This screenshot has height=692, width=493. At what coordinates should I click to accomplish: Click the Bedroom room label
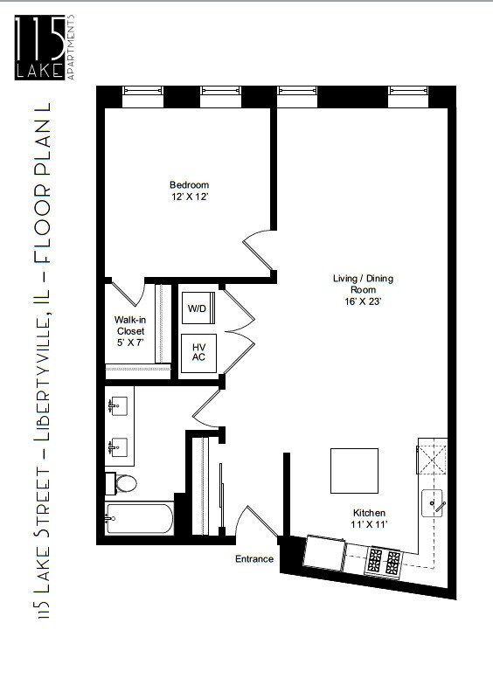[190, 185]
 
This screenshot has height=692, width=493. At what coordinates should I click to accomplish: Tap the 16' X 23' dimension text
[363, 301]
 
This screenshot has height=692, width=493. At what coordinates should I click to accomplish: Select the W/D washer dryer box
[198, 308]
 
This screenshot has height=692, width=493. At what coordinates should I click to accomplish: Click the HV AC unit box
[198, 353]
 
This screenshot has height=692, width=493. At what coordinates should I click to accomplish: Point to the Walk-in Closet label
[129, 325]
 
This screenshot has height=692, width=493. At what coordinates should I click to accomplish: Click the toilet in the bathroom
[121, 483]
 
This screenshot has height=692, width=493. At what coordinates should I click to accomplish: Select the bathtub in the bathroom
[139, 518]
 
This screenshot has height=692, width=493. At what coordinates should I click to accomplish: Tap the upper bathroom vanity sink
[118, 405]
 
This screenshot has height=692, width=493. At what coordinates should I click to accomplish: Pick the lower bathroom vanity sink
[118, 447]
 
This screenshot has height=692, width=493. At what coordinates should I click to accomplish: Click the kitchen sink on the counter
[432, 503]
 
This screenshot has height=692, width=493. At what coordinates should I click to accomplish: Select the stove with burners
[383, 561]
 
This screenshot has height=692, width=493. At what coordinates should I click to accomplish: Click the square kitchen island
[354, 471]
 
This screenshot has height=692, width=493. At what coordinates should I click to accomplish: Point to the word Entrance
[254, 559]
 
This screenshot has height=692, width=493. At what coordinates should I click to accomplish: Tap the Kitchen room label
[369, 513]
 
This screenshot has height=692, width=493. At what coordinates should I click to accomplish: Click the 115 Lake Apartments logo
[45, 47]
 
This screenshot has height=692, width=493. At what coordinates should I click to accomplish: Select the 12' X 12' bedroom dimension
[190, 197]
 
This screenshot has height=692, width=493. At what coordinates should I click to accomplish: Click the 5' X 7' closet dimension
[130, 343]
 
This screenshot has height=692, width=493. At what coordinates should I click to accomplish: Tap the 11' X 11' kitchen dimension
[369, 524]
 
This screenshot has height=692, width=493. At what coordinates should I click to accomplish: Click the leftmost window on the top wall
[142, 97]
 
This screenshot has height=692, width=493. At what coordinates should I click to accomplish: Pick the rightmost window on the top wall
[408, 97]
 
